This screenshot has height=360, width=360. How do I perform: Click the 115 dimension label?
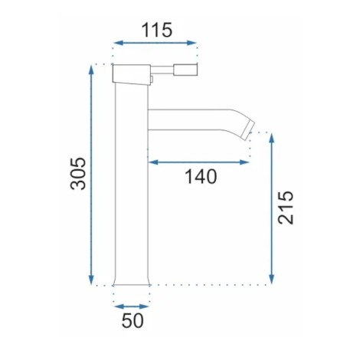157,30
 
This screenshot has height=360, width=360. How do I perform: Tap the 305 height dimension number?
78,174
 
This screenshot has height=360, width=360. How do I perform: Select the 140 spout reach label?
201,176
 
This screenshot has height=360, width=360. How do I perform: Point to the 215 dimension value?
286,208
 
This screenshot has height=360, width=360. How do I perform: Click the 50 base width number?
133,321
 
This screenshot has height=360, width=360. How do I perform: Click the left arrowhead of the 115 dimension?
118,43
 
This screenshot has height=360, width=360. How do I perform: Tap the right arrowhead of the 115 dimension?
191,43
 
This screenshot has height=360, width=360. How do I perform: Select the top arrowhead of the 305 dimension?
91,70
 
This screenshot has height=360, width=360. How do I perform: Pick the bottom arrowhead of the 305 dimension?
91,280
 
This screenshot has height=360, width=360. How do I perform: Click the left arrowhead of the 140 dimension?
153,162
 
